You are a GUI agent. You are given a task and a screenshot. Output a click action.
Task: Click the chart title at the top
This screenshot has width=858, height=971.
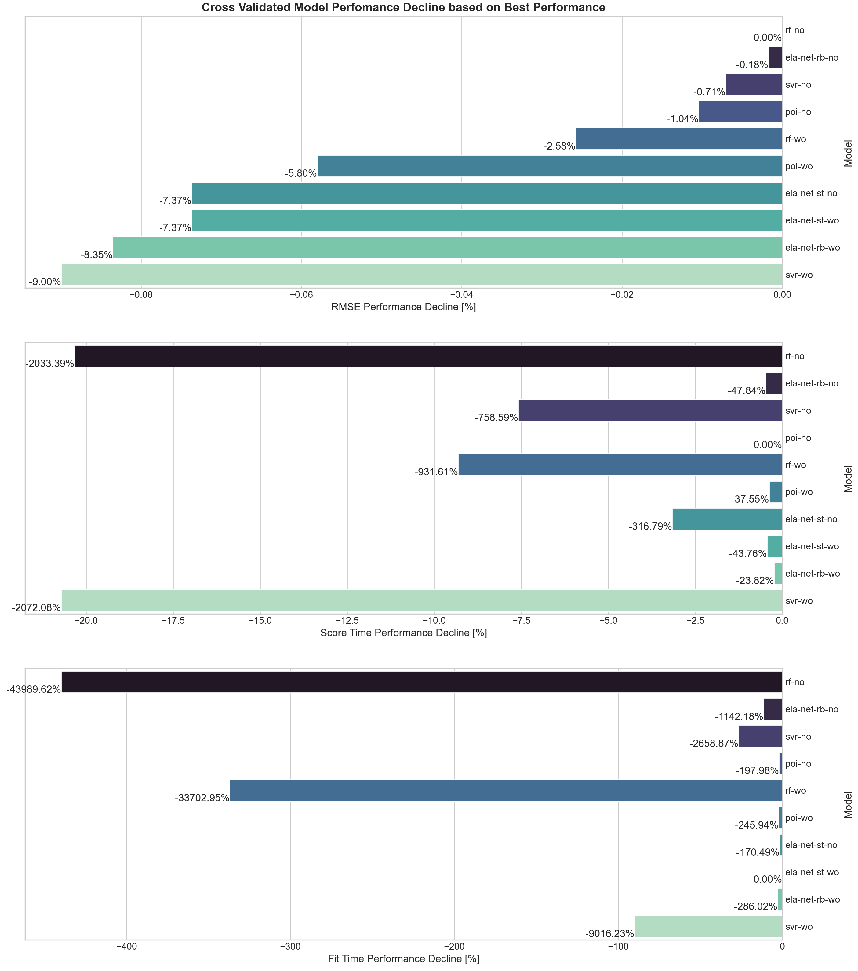403,8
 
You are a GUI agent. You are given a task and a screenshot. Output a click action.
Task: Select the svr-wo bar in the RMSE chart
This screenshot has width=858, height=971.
421,275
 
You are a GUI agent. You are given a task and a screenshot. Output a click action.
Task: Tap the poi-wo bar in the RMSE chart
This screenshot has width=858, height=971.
550,166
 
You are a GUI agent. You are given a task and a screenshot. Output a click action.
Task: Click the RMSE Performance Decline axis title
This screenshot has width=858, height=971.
403,307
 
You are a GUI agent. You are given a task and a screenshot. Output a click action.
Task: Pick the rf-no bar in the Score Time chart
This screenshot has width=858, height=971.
428,356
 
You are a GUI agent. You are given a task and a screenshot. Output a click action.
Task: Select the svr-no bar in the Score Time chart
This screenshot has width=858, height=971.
650,410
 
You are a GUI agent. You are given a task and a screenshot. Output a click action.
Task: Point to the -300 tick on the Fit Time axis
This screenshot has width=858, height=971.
290,946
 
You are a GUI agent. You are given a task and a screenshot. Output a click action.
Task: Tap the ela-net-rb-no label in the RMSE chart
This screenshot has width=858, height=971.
812,57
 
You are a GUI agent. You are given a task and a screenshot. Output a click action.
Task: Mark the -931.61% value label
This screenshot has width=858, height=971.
436,472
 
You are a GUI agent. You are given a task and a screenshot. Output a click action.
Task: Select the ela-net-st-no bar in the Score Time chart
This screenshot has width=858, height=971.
727,519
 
